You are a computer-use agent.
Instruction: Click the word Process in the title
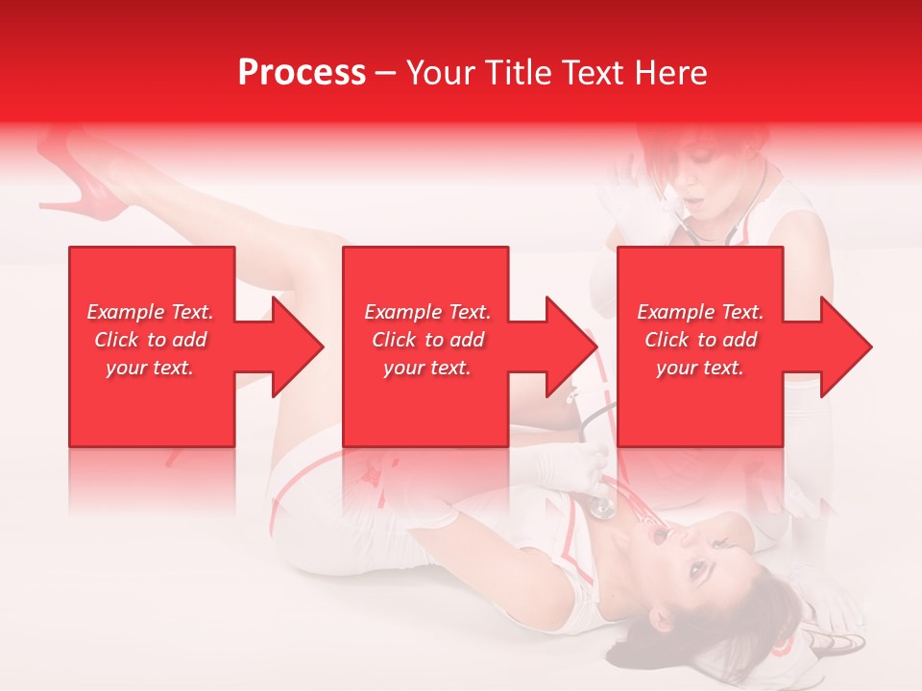point(302,73)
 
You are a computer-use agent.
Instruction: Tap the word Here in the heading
point(671,73)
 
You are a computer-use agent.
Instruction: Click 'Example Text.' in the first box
point(151,312)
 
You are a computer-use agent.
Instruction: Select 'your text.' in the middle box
point(427,368)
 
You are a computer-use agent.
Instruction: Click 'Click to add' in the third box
point(701,340)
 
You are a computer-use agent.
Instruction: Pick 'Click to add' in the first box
point(151,340)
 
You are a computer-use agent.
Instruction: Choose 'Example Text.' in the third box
point(701,312)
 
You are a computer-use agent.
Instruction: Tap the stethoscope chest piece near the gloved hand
point(602,508)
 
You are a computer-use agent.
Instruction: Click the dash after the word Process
point(386,74)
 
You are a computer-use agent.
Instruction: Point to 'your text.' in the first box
point(151,368)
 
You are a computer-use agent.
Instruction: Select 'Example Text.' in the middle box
point(427,312)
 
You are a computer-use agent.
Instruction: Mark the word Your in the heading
point(439,73)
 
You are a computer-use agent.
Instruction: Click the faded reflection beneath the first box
point(151,480)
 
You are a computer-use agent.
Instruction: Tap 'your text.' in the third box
point(701,368)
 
